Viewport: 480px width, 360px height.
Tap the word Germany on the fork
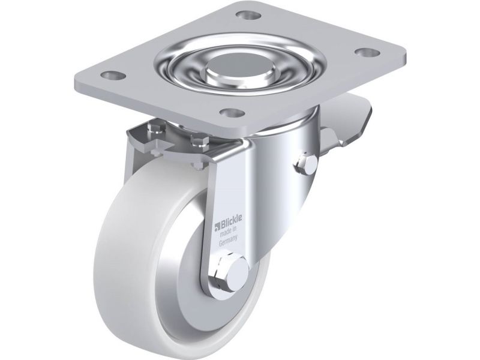(229, 241)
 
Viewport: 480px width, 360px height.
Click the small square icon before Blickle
(217, 227)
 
